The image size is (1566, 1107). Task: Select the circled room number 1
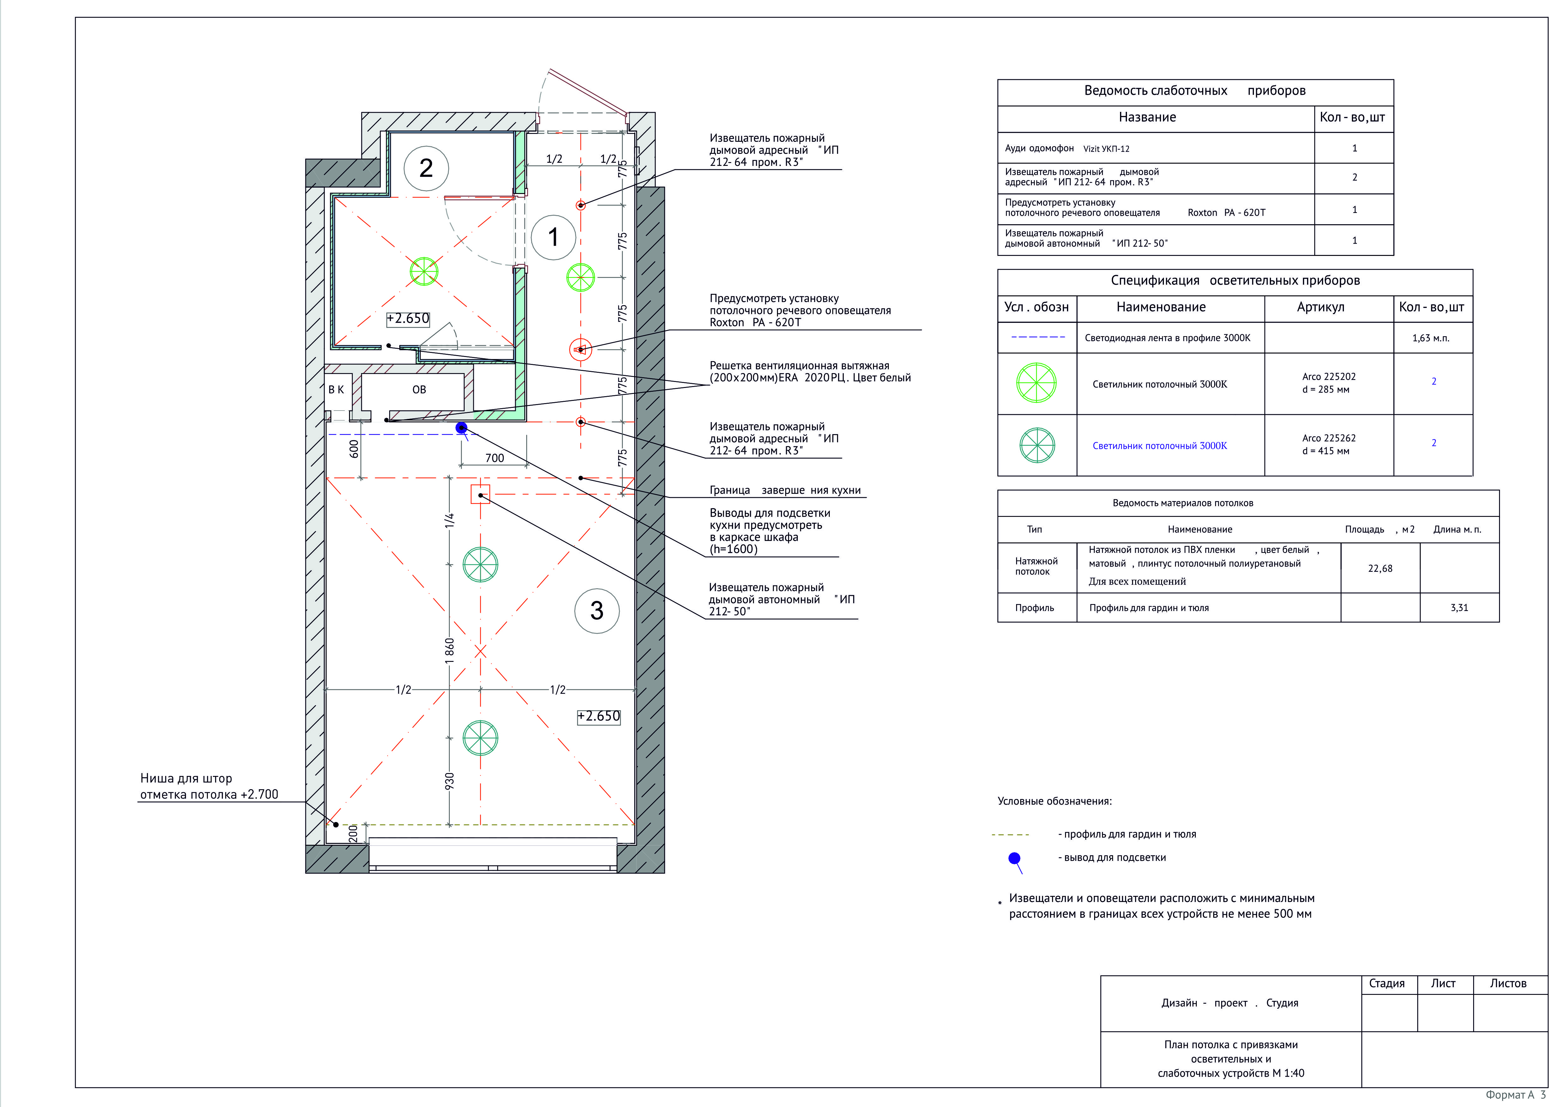(553, 237)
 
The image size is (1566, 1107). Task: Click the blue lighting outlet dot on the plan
(462, 428)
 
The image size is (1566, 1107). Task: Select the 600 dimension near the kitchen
(353, 449)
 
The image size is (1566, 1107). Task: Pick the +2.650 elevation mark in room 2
(408, 318)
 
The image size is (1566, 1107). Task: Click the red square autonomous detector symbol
(480, 494)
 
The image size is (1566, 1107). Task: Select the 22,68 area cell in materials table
(1380, 568)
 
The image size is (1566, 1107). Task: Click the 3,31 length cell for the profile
(1459, 608)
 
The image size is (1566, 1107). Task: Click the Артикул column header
(1321, 308)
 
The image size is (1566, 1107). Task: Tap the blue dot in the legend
(1014, 858)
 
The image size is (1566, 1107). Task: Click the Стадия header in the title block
(1387, 983)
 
